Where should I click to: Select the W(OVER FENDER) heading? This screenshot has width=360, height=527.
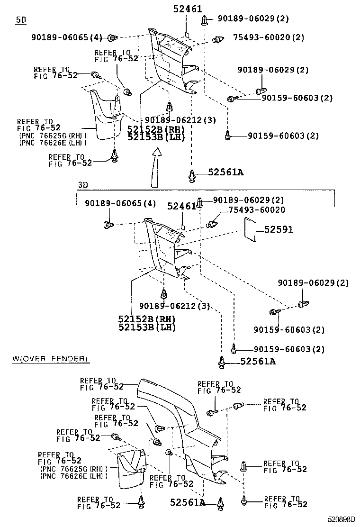tap(50, 359)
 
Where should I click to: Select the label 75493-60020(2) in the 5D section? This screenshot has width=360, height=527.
tap(269, 37)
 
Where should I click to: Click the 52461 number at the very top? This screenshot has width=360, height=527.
tap(187, 9)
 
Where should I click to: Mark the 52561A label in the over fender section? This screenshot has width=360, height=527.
tap(188, 502)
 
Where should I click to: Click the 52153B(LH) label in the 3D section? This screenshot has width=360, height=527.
tap(147, 327)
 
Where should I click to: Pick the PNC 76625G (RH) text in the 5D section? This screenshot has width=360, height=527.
tap(51, 135)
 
